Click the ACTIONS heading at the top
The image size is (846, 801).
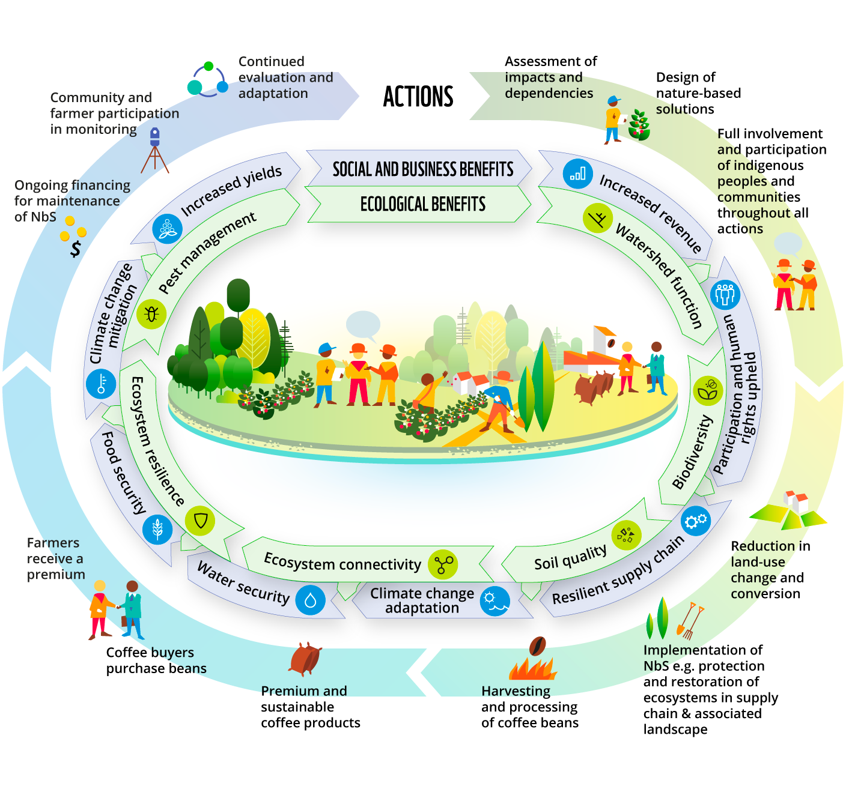click(x=418, y=97)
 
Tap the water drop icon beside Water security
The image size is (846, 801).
click(x=310, y=600)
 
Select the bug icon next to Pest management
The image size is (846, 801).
click(x=151, y=313)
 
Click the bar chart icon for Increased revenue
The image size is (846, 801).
click(x=577, y=174)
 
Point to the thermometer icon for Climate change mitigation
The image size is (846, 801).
click(x=101, y=383)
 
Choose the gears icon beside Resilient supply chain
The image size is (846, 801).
click(x=696, y=521)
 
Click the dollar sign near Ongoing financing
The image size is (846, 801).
click(x=76, y=248)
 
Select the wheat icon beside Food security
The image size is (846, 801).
click(x=157, y=529)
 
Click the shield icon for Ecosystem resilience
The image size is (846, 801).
click(x=200, y=521)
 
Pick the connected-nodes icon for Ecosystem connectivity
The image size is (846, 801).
click(x=443, y=564)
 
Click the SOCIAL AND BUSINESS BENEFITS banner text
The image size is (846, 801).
click(x=423, y=169)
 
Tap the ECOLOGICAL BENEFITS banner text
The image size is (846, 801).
click(x=423, y=204)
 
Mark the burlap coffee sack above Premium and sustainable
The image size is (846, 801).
click(x=305, y=659)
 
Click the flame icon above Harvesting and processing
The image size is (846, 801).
click(x=533, y=663)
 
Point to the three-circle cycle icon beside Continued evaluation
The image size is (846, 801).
click(x=208, y=80)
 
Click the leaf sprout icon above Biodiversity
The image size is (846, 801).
click(x=708, y=390)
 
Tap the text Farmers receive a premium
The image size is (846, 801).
click(x=56, y=558)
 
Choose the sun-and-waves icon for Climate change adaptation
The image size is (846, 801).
click(x=495, y=601)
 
